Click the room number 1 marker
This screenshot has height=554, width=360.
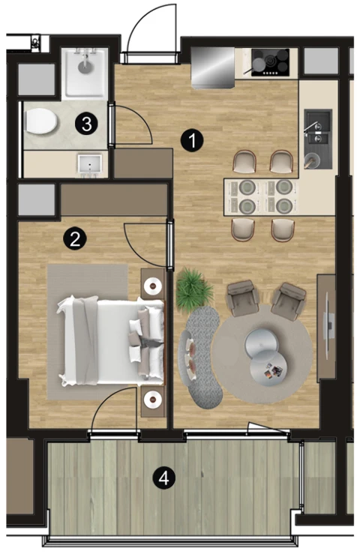tap(192, 141)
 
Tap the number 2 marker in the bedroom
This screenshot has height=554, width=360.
tap(74, 240)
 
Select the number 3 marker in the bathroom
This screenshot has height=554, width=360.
tap(86, 124)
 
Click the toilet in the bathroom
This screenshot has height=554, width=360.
tap(41, 121)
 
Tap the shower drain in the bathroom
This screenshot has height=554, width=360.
tap(85, 66)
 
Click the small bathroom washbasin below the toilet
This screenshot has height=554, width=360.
tap(90, 165)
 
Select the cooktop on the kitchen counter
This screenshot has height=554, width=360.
tap(270, 62)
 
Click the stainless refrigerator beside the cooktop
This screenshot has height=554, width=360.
tap(212, 67)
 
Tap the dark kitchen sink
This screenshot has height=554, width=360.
tap(318, 139)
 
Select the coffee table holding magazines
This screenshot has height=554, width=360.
tap(268, 370)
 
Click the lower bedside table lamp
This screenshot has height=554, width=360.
tap(153, 399)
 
